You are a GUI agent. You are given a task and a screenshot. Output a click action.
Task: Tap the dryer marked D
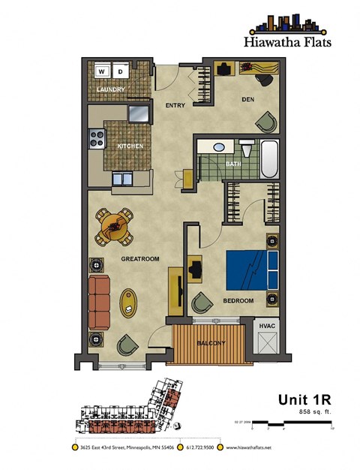(120, 72)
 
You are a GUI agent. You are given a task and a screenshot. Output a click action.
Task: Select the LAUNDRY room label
(110, 90)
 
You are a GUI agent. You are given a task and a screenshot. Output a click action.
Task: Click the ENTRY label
(175, 106)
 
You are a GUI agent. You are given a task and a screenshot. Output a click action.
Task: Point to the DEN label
(249, 98)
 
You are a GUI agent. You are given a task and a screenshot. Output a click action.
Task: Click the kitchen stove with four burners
(97, 138)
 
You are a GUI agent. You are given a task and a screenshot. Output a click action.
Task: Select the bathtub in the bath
(268, 158)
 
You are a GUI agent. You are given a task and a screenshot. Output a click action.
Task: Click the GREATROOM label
(139, 260)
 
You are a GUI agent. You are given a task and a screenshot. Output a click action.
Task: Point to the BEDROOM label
(238, 301)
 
